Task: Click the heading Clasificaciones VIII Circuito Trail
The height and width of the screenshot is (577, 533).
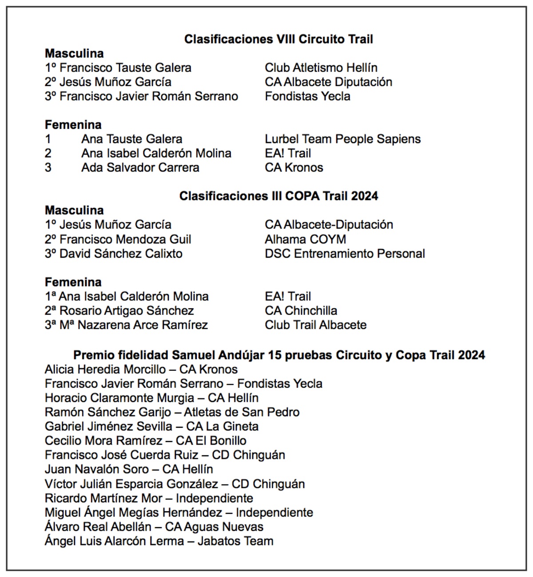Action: pos(278,39)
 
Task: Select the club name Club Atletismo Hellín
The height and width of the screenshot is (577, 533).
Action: pos(321,68)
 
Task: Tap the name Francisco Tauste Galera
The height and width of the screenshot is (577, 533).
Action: pos(125,68)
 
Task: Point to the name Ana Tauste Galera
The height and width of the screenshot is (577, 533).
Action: pos(131,139)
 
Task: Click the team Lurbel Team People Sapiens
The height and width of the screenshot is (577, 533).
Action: pos(342,139)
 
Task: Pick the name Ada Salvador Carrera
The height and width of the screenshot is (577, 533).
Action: pos(140,167)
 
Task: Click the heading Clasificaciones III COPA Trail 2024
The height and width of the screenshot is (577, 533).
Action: pos(278,196)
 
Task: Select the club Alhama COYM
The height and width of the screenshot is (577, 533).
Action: pos(305,239)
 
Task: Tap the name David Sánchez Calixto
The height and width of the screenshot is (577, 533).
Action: pos(121,254)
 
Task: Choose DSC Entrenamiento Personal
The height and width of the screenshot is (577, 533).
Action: pos(345,254)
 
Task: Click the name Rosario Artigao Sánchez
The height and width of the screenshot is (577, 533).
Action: pos(127,310)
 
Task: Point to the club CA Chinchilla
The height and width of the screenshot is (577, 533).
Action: pos(301,310)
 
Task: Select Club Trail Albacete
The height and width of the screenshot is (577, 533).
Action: pos(315,325)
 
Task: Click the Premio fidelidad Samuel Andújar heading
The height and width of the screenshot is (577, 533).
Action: pos(278,355)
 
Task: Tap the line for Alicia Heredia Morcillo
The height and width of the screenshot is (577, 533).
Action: pos(141,369)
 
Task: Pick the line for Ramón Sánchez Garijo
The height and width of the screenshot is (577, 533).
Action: pos(172,412)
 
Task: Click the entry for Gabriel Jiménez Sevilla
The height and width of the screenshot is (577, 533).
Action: pos(151,426)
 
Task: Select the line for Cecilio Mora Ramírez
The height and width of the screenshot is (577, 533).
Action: pos(145,441)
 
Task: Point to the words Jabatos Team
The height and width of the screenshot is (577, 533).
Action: pos(235,541)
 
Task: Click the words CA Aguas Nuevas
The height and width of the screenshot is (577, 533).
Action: pos(214,527)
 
